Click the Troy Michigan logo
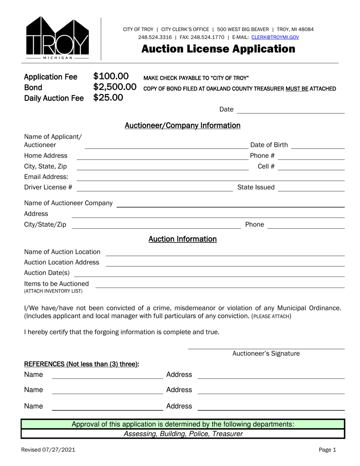(x=57, y=38)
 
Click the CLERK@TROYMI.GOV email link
(x=275, y=37)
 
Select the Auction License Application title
(x=218, y=49)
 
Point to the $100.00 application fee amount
(x=111, y=77)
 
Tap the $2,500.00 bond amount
(x=115, y=87)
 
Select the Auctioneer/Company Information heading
(x=182, y=125)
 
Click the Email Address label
(x=46, y=177)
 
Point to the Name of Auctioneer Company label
(x=68, y=203)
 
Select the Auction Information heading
(x=182, y=239)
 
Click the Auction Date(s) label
(x=47, y=273)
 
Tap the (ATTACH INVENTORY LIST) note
(x=53, y=291)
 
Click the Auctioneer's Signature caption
(x=266, y=353)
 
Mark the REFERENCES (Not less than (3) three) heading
(x=81, y=364)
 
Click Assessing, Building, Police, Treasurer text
(x=183, y=434)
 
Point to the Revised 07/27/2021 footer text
(x=48, y=450)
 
